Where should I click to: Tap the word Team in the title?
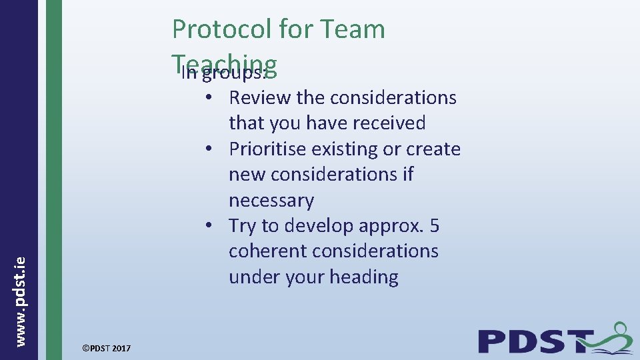coord(353,29)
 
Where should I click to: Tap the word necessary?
coord(271,201)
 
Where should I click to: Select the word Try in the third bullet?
coord(243,226)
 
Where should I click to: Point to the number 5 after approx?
coord(434,226)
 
